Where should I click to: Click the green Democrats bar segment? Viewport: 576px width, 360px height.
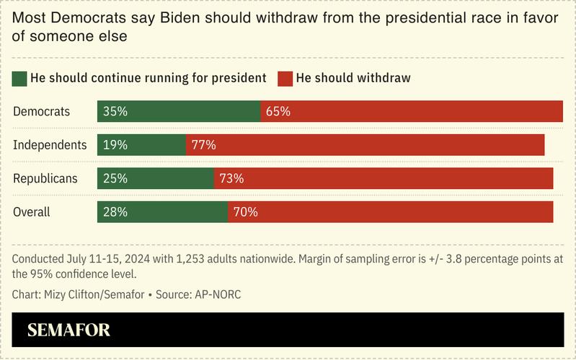(179, 111)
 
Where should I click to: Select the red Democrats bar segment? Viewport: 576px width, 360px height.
(411, 111)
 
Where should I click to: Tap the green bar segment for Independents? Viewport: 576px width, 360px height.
(142, 145)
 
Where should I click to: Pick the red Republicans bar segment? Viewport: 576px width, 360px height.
(384, 178)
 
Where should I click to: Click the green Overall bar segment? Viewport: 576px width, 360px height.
(163, 212)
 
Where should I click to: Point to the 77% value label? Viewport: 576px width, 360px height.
(204, 145)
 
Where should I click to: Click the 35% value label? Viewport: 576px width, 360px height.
(115, 111)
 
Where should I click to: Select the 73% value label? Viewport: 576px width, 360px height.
(232, 178)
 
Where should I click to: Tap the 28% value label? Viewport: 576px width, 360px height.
(115, 212)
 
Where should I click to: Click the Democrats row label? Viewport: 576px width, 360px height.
(42, 111)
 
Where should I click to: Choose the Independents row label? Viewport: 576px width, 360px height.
(50, 145)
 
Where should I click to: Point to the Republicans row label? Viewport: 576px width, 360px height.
(45, 178)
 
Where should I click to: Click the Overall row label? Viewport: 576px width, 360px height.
(32, 212)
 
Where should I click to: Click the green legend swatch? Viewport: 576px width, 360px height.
(19, 78)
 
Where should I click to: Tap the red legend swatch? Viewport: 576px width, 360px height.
(285, 78)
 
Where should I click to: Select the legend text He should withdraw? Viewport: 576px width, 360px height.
(353, 78)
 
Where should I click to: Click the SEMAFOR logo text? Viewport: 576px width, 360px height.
(69, 331)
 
